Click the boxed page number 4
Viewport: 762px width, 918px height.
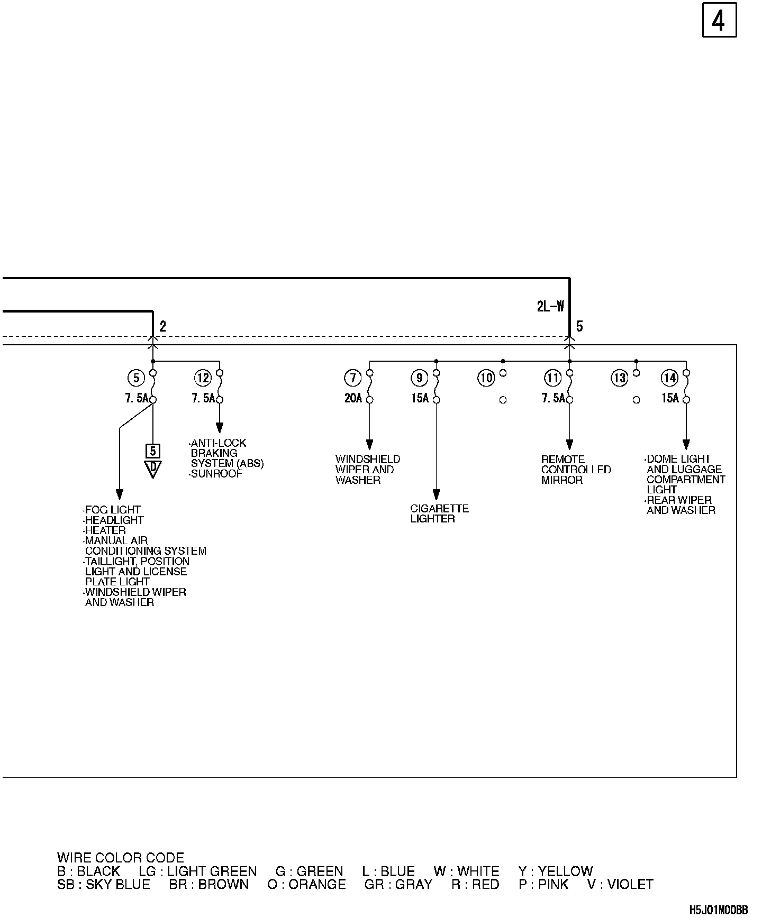(x=719, y=22)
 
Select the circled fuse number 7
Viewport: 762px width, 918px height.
(x=352, y=378)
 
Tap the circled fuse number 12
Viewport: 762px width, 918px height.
(x=203, y=378)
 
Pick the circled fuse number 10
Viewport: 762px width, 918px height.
(x=486, y=378)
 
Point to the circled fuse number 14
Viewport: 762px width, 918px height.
(x=669, y=378)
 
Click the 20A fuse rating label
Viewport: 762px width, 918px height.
(x=353, y=398)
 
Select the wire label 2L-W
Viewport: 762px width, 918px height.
(x=550, y=306)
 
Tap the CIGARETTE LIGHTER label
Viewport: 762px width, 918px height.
(x=439, y=513)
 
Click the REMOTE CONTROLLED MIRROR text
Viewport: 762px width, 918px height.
(x=576, y=470)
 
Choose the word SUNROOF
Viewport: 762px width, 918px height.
(x=216, y=474)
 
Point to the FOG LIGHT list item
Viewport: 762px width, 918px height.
(x=112, y=510)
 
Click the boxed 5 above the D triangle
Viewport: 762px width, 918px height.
(x=153, y=451)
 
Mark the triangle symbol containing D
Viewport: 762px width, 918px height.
(x=153, y=469)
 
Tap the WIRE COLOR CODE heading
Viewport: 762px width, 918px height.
(x=121, y=858)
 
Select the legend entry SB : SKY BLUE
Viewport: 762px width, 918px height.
(x=104, y=884)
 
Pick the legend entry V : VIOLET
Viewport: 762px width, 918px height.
(x=620, y=884)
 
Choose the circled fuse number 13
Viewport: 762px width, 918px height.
(x=619, y=378)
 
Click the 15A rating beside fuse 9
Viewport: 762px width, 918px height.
(x=420, y=398)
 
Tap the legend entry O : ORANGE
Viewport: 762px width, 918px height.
(x=306, y=884)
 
